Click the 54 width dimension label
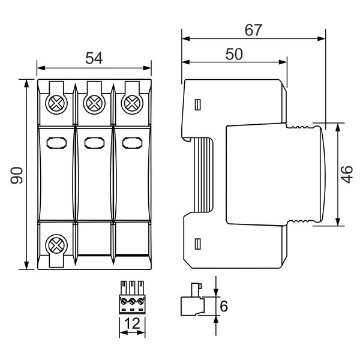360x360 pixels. pyautogui.click(x=94, y=58)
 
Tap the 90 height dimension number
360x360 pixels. pyautogui.click(x=17, y=175)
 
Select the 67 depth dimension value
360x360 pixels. pyautogui.click(x=253, y=30)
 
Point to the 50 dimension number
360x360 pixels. pyautogui.click(x=234, y=54)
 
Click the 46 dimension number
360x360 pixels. pyautogui.click(x=347, y=175)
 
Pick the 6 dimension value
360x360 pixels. pyautogui.click(x=224, y=306)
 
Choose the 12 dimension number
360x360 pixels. pyautogui.click(x=132, y=323)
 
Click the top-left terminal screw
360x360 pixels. pyautogui.click(x=56, y=103)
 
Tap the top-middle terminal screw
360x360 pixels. pyautogui.click(x=94, y=103)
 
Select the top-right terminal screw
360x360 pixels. pyautogui.click(x=132, y=103)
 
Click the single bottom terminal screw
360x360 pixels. pyautogui.click(x=56, y=245)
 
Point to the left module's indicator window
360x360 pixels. pyautogui.click(x=56, y=143)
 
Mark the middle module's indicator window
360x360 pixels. pyautogui.click(x=94, y=143)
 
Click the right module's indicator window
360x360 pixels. pyautogui.click(x=132, y=143)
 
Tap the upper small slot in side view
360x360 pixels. pyautogui.click(x=197, y=105)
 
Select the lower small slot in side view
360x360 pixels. pyautogui.click(x=197, y=244)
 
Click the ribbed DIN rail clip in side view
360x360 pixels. pyautogui.click(x=203, y=175)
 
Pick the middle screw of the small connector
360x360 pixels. pyautogui.click(x=132, y=301)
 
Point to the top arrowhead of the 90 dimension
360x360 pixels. pyautogui.click(x=26, y=83)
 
